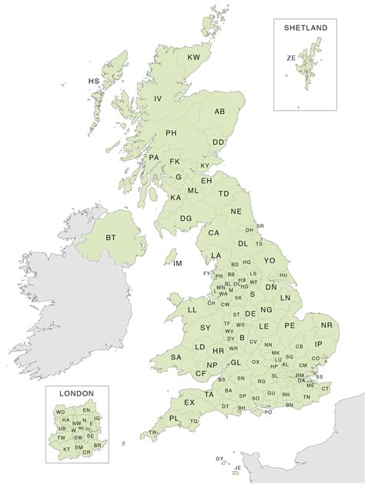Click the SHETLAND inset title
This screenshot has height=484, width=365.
click(x=306, y=28)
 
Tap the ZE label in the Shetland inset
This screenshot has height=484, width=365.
click(x=291, y=57)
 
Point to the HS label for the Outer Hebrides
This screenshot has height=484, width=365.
click(x=94, y=81)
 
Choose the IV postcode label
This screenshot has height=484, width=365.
click(x=158, y=98)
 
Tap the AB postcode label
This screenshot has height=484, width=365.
click(x=219, y=112)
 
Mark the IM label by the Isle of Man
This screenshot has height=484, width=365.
click(x=178, y=264)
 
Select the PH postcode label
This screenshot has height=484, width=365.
click(x=172, y=133)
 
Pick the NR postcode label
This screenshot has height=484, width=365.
click(x=326, y=325)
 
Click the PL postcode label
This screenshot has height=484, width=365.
click(x=174, y=418)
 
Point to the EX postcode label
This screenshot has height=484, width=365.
click(x=189, y=402)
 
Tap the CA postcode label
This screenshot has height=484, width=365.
click(x=214, y=232)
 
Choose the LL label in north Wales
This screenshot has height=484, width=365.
click(x=193, y=310)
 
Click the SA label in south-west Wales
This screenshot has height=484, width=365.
click(x=176, y=356)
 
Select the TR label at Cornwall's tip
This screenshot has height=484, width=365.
click(x=153, y=432)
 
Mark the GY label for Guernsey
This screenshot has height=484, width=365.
click(x=219, y=458)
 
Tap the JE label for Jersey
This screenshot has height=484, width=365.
click(x=237, y=467)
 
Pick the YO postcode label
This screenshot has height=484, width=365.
click(x=269, y=261)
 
